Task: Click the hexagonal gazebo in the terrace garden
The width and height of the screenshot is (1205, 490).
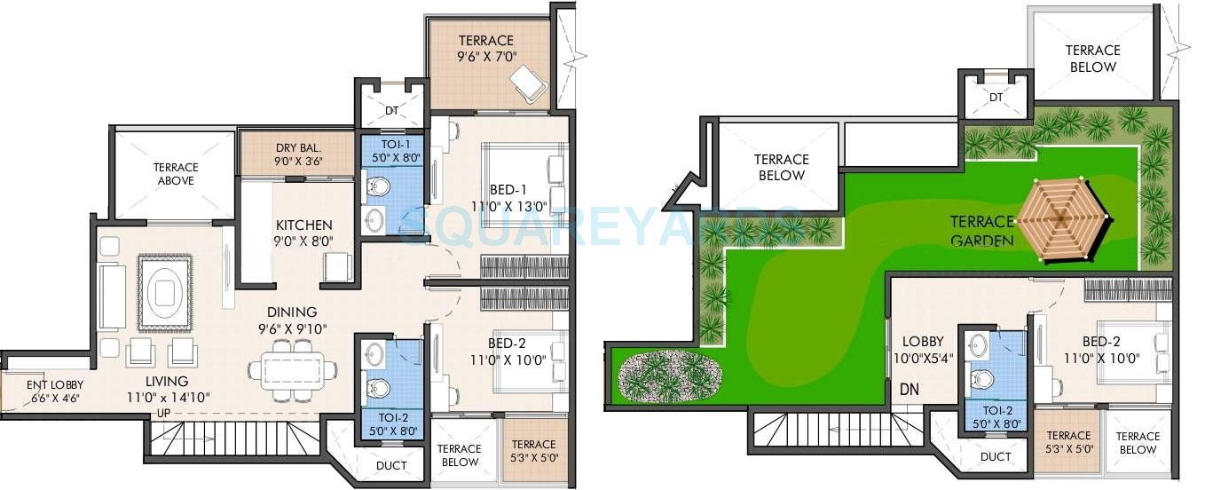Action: tap(1062, 217)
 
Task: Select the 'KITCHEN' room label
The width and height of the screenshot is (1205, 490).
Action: tap(303, 225)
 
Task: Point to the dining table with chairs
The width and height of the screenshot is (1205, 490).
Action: tap(293, 368)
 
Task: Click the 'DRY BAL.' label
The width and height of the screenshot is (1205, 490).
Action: tap(298, 147)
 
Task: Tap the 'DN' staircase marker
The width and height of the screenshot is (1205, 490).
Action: tap(910, 389)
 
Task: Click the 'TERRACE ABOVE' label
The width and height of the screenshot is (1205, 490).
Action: tap(176, 174)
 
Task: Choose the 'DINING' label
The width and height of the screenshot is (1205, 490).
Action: tap(292, 312)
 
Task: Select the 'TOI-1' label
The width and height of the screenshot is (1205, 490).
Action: tap(391, 144)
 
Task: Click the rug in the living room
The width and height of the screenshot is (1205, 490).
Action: tap(164, 288)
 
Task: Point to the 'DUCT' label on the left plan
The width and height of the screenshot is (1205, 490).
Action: tap(390, 465)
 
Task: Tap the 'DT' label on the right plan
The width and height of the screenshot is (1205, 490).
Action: tap(996, 97)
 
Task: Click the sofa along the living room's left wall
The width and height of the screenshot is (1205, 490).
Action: tap(112, 296)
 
